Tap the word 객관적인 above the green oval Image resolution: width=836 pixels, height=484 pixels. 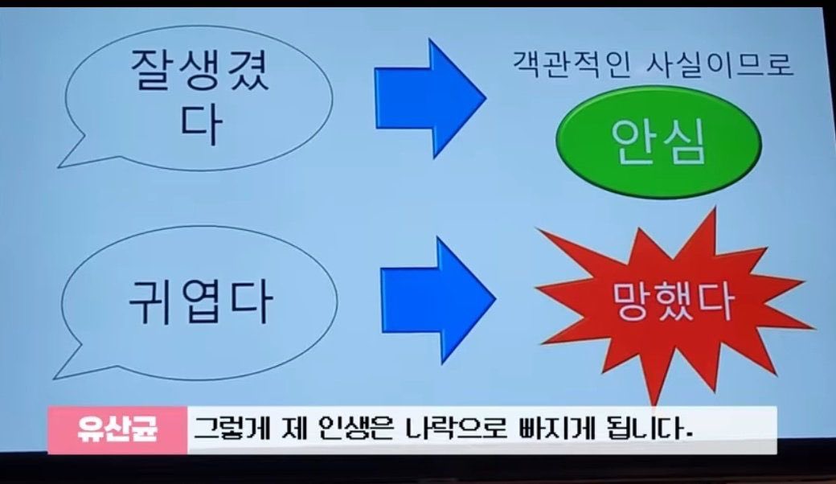pos(575,64)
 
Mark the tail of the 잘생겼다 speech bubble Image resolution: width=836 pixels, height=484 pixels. pos(76,156)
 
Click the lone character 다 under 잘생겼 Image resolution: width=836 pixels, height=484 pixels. pos(200,127)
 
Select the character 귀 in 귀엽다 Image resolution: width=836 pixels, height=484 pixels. pos(152,299)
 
